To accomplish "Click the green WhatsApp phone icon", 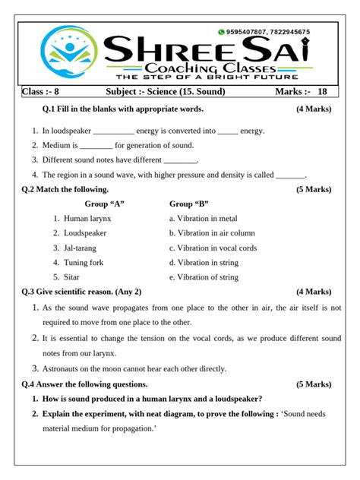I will [x=222, y=32].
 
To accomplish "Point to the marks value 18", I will [x=323, y=92].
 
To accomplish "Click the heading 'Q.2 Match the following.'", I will [x=65, y=189].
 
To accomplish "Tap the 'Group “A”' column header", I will [x=104, y=204].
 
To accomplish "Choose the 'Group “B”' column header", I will [x=189, y=204].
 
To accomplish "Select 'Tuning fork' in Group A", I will [x=84, y=263].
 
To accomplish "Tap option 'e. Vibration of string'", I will [x=204, y=277].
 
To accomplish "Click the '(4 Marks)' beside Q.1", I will [x=314, y=109].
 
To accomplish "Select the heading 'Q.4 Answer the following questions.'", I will [x=84, y=384].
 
